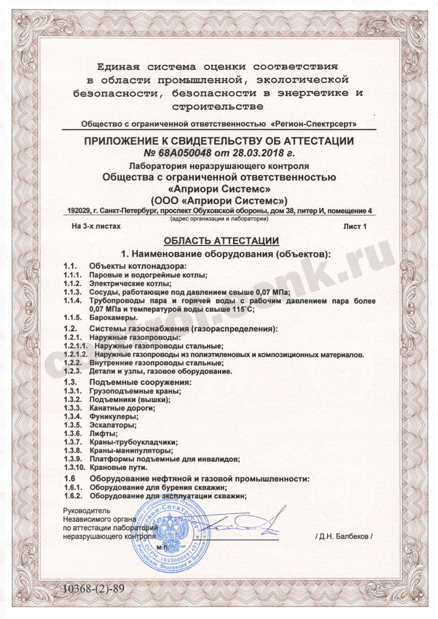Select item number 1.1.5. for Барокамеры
pyautogui.click(x=72, y=317)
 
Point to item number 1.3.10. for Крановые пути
pyautogui.click(x=74, y=467)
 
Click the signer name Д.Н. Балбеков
pyautogui.click(x=344, y=536)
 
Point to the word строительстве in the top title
pyautogui.click(x=220, y=107)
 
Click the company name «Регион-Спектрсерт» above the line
pyautogui.click(x=313, y=124)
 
